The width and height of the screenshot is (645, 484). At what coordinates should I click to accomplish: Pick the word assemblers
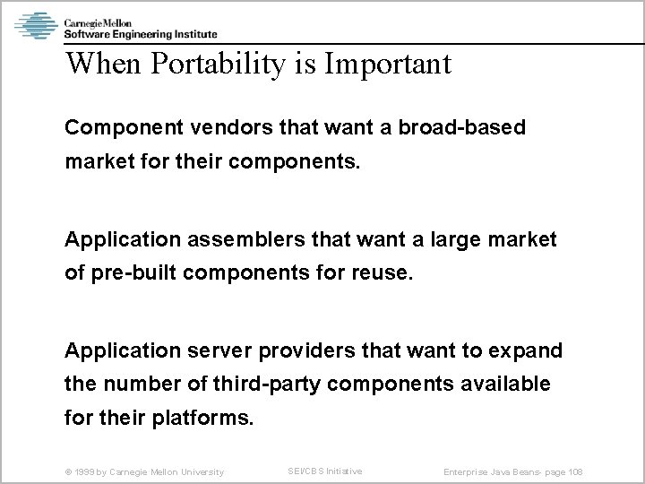[232, 239]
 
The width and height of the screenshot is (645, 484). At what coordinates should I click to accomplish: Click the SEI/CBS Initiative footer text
[325, 471]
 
